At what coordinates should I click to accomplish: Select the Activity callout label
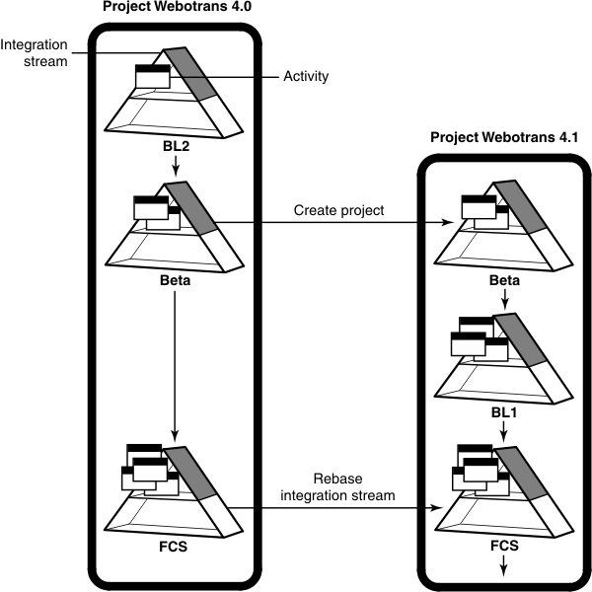pos(306,75)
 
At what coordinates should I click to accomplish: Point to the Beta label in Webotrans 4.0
pos(174,281)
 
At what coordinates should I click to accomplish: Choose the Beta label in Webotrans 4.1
pos(504,281)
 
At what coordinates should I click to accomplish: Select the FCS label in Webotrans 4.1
pos(504,543)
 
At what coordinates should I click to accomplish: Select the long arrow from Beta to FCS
pos(175,365)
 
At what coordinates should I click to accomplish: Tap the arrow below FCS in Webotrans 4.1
pos(504,564)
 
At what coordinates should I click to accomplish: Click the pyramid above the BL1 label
pos(503,355)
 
